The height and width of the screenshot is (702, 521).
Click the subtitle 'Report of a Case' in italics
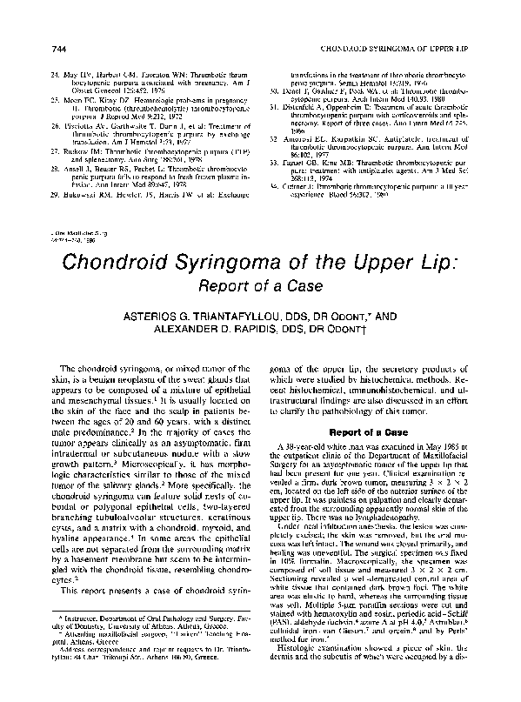click(x=260, y=285)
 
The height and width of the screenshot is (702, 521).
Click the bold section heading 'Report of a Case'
click(x=372, y=430)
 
